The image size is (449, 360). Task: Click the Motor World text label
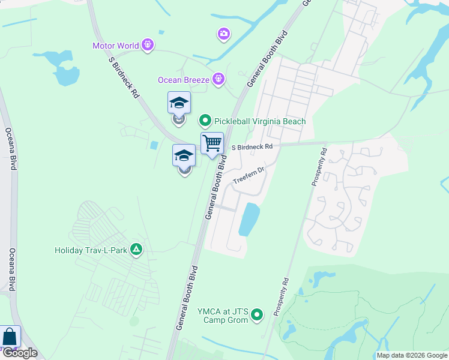[x=115, y=46]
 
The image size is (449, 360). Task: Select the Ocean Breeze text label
[x=184, y=80]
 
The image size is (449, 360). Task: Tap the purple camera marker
[x=224, y=34]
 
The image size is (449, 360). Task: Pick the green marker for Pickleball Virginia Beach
[x=205, y=121]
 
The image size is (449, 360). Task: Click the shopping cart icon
[x=212, y=144]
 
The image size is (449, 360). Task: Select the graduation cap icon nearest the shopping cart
[x=184, y=156]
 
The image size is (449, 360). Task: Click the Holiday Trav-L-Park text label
[x=91, y=250]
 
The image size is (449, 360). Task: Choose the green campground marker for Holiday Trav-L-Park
[x=136, y=250]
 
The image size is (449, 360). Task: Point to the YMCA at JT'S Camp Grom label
[x=223, y=316]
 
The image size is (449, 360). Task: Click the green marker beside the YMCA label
[x=258, y=314]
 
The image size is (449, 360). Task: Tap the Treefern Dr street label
[x=249, y=174]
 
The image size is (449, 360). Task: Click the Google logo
[x=20, y=353]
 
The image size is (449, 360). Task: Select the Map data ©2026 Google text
[x=411, y=355]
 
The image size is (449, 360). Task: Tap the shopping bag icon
[x=9, y=337]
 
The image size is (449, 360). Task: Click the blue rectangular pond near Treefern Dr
[x=249, y=219]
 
